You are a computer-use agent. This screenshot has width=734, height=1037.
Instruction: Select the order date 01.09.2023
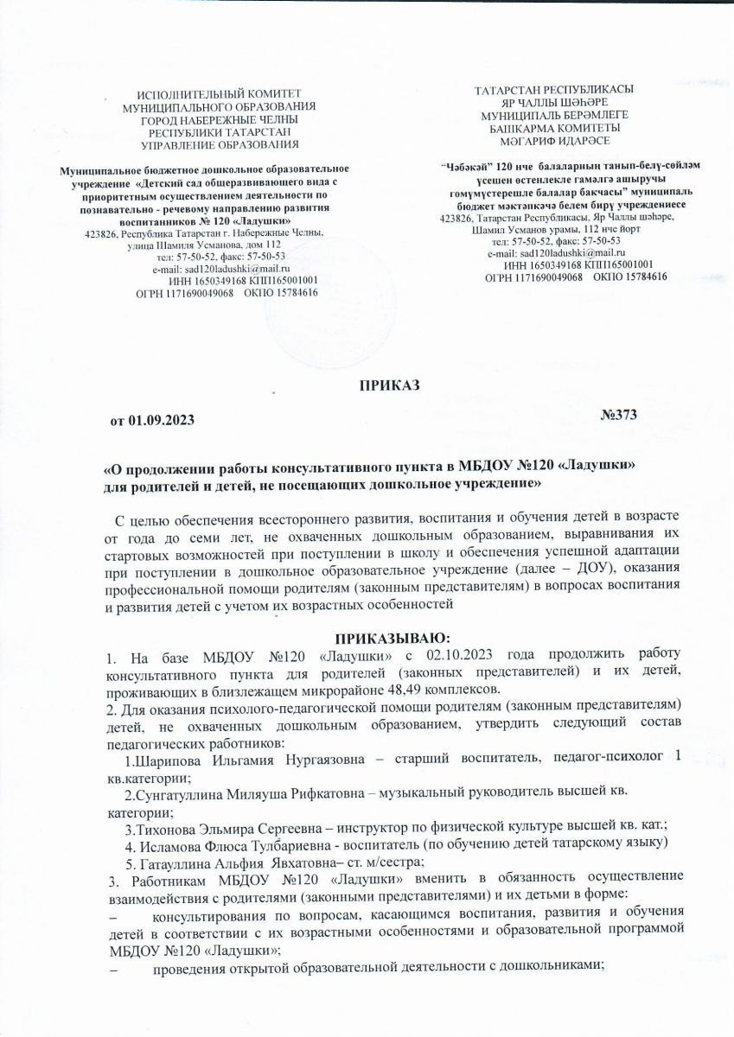[x=161, y=420]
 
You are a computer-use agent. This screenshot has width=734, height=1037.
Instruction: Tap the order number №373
[x=618, y=417]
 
